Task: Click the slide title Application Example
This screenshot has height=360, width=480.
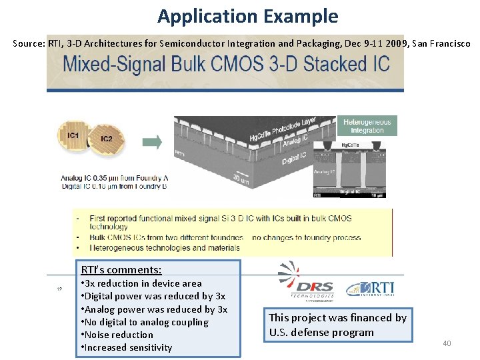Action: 247,16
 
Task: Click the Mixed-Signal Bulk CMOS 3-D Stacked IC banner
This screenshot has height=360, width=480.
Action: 225,65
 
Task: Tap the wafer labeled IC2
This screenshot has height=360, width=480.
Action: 107,141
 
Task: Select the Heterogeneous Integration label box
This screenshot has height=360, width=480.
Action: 367,125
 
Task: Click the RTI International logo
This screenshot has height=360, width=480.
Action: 370,288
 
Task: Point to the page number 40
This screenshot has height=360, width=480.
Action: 447,343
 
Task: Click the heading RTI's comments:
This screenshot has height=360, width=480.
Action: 121,269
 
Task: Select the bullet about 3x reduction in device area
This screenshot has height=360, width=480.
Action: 141,283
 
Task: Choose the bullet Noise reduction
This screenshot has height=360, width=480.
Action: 117,335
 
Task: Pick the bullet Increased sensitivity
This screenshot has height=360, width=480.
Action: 126,347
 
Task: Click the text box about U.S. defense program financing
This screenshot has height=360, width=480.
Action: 337,325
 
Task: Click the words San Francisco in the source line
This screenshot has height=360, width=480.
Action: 441,43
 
